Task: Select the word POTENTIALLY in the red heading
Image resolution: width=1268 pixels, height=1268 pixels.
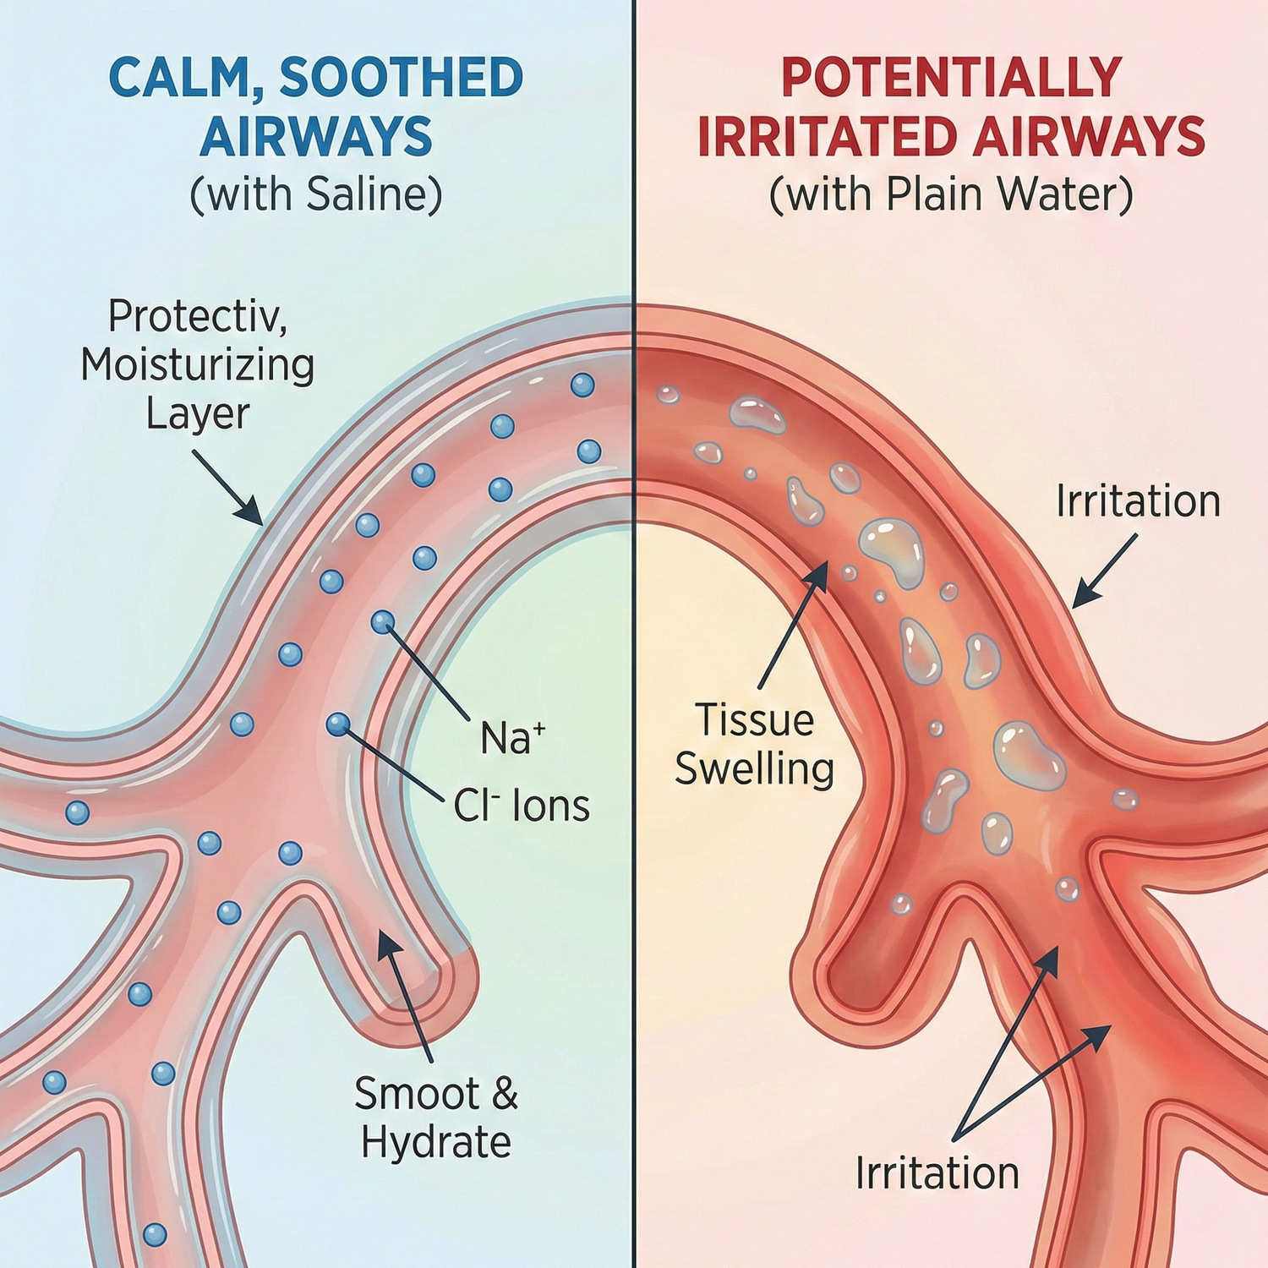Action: (x=951, y=79)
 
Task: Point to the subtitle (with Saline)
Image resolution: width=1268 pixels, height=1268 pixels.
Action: (x=316, y=195)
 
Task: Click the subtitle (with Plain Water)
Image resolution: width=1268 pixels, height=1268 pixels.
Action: (x=951, y=195)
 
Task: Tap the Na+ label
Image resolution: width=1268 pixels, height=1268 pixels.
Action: (x=512, y=738)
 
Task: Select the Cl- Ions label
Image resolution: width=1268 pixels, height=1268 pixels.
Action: (x=521, y=806)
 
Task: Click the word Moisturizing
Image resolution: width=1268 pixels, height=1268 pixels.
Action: (x=198, y=365)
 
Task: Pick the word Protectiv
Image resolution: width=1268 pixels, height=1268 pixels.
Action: (x=198, y=317)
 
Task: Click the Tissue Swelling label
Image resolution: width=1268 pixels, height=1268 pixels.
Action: (x=754, y=745)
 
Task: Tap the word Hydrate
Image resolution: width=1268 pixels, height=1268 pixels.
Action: (x=435, y=1143)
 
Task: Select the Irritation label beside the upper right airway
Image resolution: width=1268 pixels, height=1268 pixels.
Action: (x=1138, y=502)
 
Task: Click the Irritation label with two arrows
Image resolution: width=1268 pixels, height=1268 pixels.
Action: (x=937, y=1174)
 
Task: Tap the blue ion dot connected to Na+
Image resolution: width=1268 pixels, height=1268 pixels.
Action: (x=383, y=622)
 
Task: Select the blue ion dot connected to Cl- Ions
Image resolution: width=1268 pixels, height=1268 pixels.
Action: (x=338, y=724)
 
